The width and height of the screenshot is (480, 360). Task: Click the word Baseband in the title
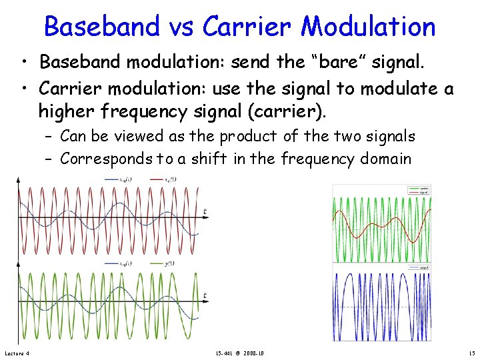101,27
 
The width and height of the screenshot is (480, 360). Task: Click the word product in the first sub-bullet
249,137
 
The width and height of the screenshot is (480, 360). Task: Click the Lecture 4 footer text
17,353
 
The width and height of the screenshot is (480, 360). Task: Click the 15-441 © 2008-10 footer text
239,353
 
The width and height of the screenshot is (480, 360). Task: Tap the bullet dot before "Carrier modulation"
25,87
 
